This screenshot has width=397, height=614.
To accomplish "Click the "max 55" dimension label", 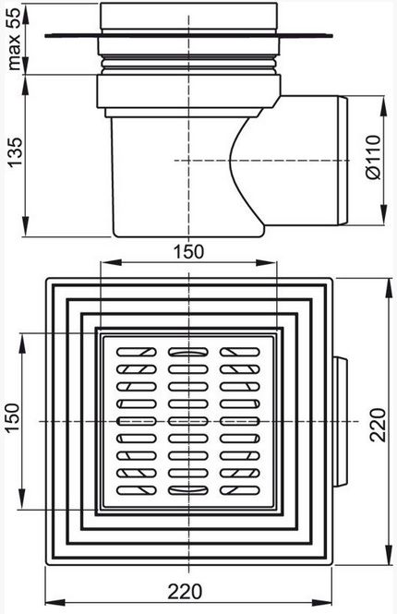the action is coord(15,39).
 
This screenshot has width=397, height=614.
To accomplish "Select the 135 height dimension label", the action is coord(15,152).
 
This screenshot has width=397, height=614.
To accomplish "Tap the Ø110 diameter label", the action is coord(374,157).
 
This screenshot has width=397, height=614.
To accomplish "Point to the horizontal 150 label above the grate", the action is coord(188,251).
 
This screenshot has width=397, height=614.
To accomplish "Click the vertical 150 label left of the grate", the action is coord(13,417).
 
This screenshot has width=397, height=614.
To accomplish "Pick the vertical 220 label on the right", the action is coord(379,425).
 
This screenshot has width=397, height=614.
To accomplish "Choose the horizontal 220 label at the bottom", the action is coord(186,592).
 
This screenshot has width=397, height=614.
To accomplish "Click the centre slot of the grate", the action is coord(188,421).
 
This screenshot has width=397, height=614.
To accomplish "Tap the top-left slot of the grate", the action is coord(137,352).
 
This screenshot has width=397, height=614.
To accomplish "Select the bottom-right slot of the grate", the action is coord(240,490).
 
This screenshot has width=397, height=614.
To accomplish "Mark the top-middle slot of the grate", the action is coord(188,352).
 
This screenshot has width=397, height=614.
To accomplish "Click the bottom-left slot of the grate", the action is coord(137,490).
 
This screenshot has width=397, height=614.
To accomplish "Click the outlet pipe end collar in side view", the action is coord(343,161).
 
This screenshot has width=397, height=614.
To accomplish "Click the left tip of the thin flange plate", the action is coord(45,36).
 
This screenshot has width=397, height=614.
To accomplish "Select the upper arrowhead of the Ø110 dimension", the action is coord(384,105).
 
